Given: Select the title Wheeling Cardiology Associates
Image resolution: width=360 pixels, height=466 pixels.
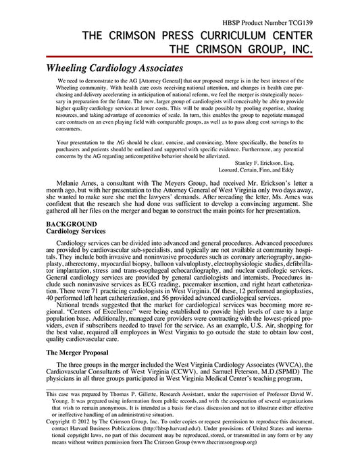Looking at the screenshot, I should pyautogui.click(x=114, y=68).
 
